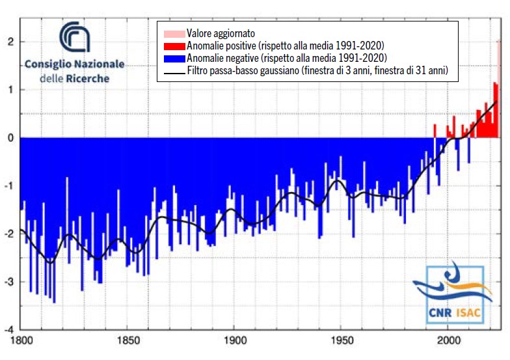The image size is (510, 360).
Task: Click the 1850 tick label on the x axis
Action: point(127,339)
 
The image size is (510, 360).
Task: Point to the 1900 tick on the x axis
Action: point(235,339)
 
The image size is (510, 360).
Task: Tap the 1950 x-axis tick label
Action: point(342,339)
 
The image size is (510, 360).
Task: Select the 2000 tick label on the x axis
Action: point(449,339)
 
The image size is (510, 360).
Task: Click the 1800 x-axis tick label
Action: point(21,339)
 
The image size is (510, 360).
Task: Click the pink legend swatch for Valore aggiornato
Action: point(173,33)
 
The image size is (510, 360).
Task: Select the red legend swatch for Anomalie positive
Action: point(173,46)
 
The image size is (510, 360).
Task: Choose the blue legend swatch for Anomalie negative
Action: point(173,57)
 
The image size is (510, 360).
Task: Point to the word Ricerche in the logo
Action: point(90,78)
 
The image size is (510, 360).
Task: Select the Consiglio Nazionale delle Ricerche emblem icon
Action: point(74,37)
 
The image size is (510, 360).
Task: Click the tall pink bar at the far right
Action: point(499,89)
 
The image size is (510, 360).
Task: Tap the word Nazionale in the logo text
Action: point(98,64)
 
